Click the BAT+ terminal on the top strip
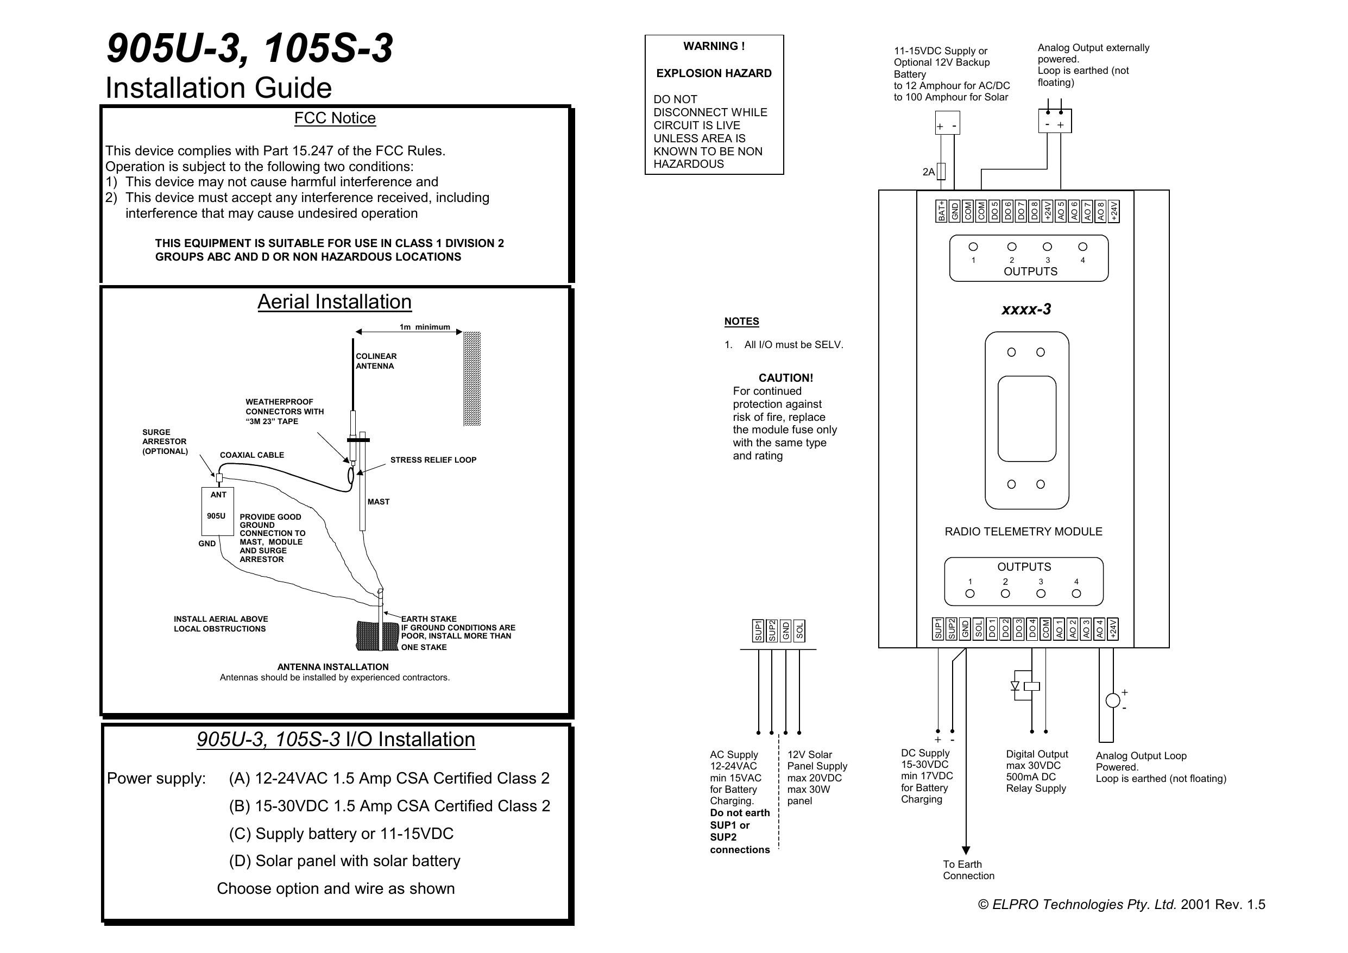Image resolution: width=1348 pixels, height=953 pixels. click(941, 211)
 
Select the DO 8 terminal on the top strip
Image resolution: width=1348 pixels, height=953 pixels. click(1034, 211)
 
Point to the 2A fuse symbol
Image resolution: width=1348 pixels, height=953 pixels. click(941, 172)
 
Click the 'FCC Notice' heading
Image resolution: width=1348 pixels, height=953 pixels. click(335, 118)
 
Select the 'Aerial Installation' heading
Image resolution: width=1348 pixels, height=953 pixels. click(334, 302)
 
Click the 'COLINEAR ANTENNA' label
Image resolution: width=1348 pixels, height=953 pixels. click(376, 361)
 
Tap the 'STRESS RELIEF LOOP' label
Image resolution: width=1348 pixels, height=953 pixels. click(433, 460)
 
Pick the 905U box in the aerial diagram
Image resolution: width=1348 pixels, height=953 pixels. click(217, 512)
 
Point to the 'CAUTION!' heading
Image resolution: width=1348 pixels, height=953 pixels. click(785, 378)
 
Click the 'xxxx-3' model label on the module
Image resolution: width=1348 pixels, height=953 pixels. click(1026, 310)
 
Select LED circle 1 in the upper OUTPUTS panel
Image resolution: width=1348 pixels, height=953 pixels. click(973, 247)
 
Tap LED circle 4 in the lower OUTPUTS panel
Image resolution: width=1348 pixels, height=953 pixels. click(1076, 594)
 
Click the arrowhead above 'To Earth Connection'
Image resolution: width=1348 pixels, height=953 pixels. click(966, 850)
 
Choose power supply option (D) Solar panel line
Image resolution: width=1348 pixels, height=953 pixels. click(345, 861)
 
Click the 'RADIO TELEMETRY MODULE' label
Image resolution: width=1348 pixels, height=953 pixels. click(1023, 532)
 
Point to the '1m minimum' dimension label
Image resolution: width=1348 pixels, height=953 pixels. click(425, 327)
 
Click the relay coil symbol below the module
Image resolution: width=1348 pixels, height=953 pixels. click(1031, 686)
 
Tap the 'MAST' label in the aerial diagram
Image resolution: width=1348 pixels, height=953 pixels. click(378, 501)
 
